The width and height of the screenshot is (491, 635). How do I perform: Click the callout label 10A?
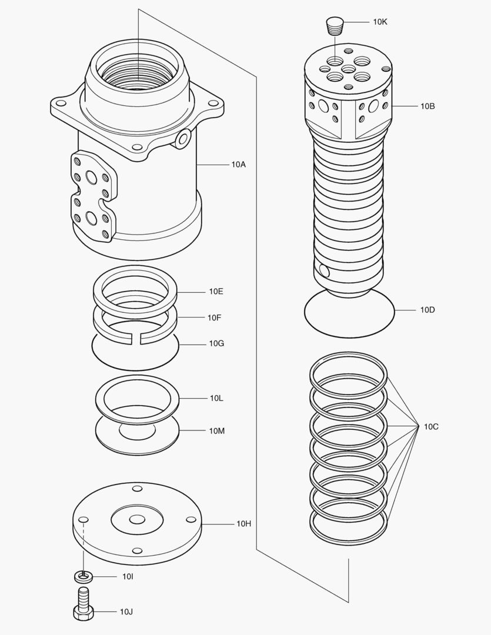coord(238,165)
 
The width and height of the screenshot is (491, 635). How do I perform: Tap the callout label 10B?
coord(427,106)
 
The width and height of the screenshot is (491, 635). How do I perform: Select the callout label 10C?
coord(431,426)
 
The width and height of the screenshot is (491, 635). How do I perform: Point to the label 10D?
coord(427,310)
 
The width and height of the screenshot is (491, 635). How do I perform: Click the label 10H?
coord(244,523)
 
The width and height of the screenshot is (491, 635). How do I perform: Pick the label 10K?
coord(380,22)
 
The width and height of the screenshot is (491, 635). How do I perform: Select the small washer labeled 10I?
coord(83,575)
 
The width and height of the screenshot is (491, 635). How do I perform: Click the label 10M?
coord(216,431)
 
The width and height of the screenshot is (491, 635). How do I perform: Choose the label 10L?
coord(216,398)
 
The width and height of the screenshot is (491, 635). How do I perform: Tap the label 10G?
coord(216,343)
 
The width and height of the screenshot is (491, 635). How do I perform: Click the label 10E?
coord(216,292)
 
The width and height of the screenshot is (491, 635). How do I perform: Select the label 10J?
coord(126,612)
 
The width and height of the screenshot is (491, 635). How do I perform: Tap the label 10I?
coord(128,577)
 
